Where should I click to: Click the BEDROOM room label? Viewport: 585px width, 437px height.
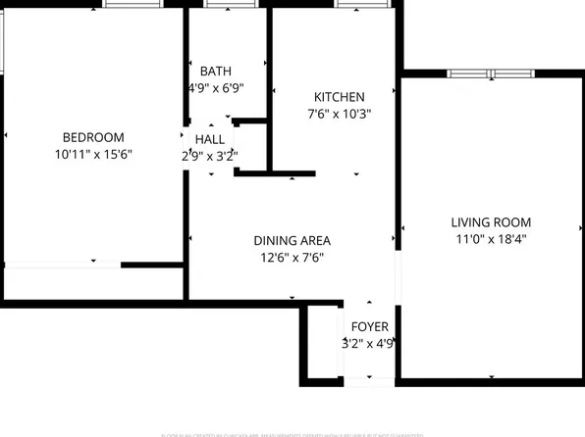(x=93, y=137)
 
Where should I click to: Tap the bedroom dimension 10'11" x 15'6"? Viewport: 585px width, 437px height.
(x=93, y=154)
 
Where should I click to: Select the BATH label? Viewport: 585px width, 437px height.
(x=216, y=72)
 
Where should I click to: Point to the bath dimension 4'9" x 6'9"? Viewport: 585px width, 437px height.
(x=216, y=87)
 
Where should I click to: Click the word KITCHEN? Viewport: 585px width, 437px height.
(x=340, y=97)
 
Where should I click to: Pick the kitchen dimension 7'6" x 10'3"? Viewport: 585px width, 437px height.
(x=340, y=114)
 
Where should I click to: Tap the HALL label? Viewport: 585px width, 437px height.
(x=210, y=140)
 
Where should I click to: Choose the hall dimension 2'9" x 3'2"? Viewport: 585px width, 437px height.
(x=210, y=156)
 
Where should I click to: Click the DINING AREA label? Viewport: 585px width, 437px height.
(x=292, y=241)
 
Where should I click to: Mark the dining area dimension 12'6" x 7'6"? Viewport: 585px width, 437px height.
(x=292, y=258)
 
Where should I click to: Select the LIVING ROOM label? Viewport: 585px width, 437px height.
(x=491, y=222)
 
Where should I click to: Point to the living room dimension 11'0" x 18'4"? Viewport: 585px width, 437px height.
(x=491, y=239)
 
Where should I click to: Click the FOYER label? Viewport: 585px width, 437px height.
(x=370, y=327)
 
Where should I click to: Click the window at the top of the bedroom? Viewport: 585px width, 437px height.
(x=132, y=4)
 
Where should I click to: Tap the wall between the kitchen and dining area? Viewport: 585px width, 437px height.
(x=275, y=174)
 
